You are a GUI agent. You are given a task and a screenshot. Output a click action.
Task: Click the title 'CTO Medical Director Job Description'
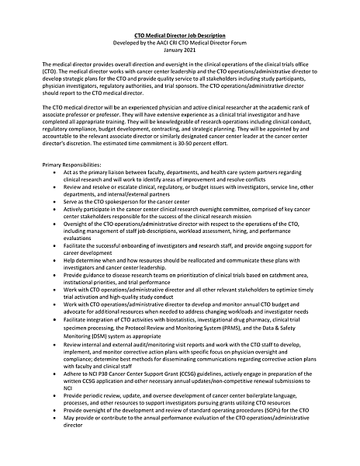coord(179,36)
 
